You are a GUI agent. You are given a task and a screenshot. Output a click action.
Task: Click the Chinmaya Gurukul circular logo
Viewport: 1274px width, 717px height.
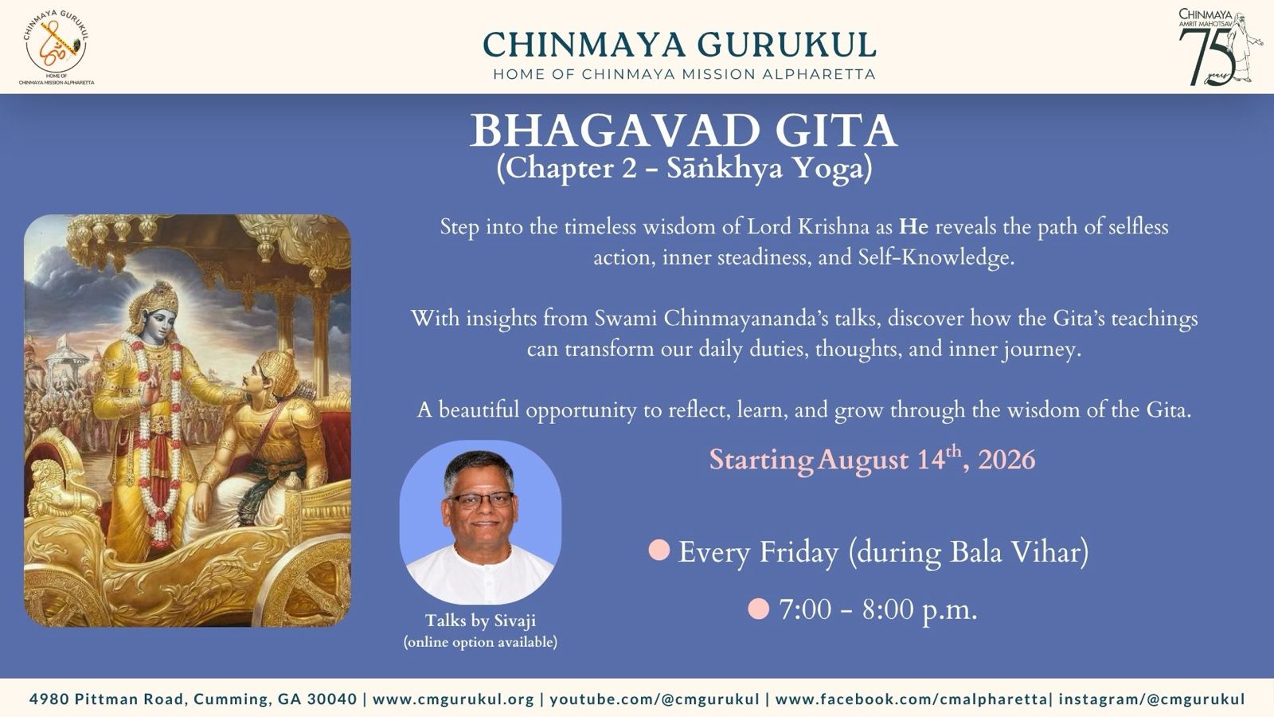[57, 46]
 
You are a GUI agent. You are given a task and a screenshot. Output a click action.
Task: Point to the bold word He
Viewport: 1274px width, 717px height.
[913, 227]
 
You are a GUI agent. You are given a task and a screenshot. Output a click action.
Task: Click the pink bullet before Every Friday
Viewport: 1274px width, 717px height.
[659, 550]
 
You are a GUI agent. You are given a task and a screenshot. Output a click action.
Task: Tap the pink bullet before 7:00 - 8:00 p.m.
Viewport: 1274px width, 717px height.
[758, 609]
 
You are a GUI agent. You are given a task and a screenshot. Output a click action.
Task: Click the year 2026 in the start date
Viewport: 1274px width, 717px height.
[1006, 460]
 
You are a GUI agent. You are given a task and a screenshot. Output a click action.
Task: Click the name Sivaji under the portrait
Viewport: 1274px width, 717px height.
[514, 621]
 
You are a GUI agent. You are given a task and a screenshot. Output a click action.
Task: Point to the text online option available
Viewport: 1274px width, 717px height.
[480, 642]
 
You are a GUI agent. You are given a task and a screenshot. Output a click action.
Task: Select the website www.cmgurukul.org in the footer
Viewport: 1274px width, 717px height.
[453, 699]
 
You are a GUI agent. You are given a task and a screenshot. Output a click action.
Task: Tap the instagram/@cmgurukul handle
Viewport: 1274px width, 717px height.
[1151, 699]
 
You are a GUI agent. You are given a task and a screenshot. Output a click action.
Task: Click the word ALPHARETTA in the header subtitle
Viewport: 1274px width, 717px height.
[819, 74]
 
